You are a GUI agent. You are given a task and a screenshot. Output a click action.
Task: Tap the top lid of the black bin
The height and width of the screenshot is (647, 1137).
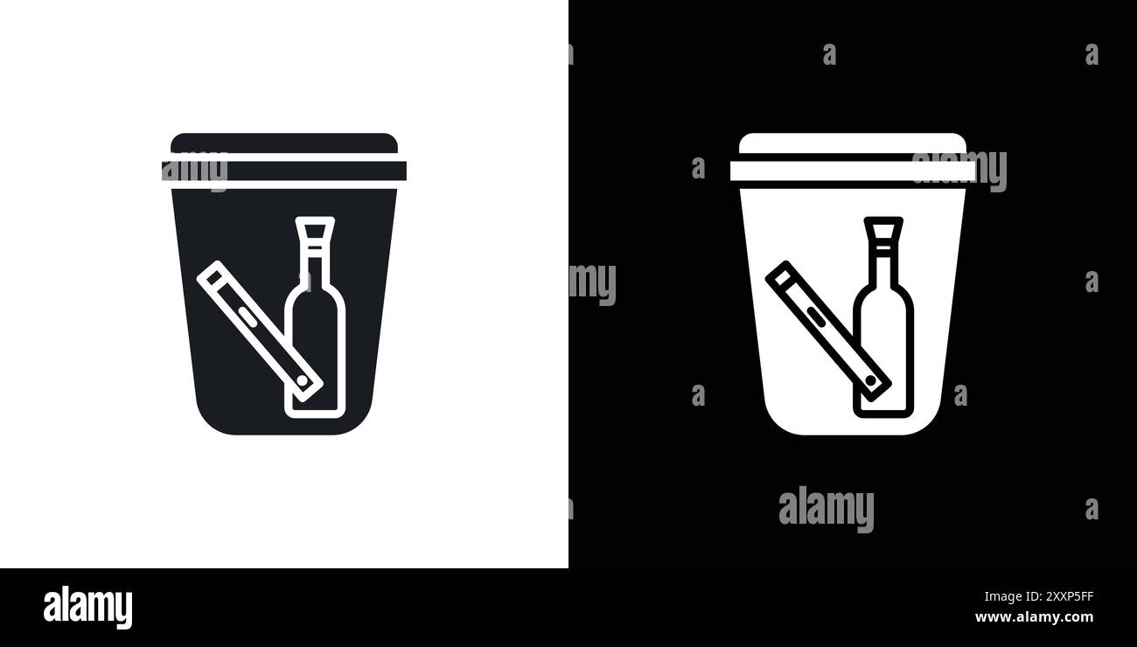[x=284, y=143]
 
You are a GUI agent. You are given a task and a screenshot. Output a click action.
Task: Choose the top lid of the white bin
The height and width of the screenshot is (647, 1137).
[x=853, y=143]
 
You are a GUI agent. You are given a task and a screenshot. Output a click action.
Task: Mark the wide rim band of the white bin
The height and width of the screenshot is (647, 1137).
[x=822, y=170]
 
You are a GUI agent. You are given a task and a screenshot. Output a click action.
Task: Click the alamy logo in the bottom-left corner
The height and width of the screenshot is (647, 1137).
[x=87, y=608]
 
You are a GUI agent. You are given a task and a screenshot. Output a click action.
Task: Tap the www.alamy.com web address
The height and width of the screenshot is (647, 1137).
[x=1034, y=617]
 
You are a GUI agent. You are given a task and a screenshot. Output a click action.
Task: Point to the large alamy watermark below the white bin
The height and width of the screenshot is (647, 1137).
[x=826, y=509]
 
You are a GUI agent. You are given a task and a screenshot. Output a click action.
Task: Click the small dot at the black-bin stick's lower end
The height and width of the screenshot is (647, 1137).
[x=303, y=382]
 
